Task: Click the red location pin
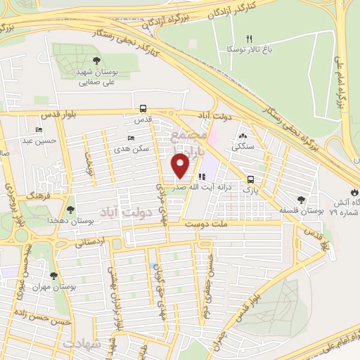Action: [181, 167]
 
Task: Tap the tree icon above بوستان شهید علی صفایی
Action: [96, 60]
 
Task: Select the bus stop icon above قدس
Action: [143, 109]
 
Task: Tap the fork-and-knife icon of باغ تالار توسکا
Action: [248, 39]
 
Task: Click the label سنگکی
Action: [244, 147]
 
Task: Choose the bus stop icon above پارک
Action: [251, 179]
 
